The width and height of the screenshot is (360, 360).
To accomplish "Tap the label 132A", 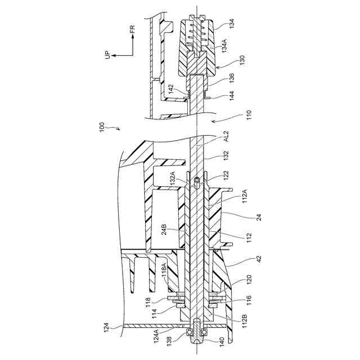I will pyautogui.click(x=172, y=178).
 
